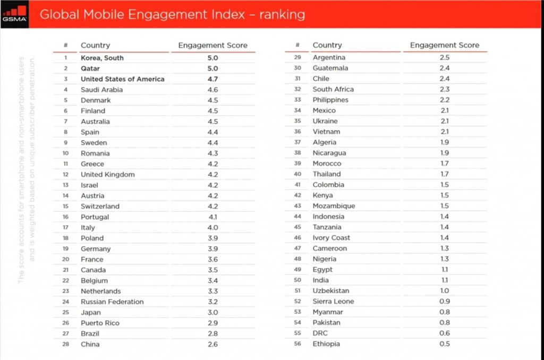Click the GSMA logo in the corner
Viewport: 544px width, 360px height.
click(14, 13)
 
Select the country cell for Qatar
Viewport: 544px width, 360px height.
click(90, 68)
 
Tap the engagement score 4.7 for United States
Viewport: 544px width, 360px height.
click(212, 79)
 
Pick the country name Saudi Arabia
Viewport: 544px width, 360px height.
click(101, 90)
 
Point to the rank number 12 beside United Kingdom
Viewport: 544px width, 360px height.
click(66, 175)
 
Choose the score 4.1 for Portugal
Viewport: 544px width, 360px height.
click(212, 217)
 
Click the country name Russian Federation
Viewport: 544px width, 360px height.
click(112, 302)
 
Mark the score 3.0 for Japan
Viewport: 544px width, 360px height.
click(212, 312)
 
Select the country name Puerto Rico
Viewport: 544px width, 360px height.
click(100, 323)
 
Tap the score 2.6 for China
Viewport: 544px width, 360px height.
click(212, 344)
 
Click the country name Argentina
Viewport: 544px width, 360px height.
click(329, 57)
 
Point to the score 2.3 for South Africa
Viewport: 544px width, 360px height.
click(445, 89)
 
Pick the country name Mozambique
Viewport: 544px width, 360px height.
click(334, 206)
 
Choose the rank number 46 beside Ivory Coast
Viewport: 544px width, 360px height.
click(297, 238)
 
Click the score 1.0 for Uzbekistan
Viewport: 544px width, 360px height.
click(445, 291)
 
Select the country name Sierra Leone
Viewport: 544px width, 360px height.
click(333, 302)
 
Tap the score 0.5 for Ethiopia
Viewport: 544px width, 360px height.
click(445, 344)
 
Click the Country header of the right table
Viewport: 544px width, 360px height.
click(327, 45)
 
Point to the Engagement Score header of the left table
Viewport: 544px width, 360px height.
click(212, 45)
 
